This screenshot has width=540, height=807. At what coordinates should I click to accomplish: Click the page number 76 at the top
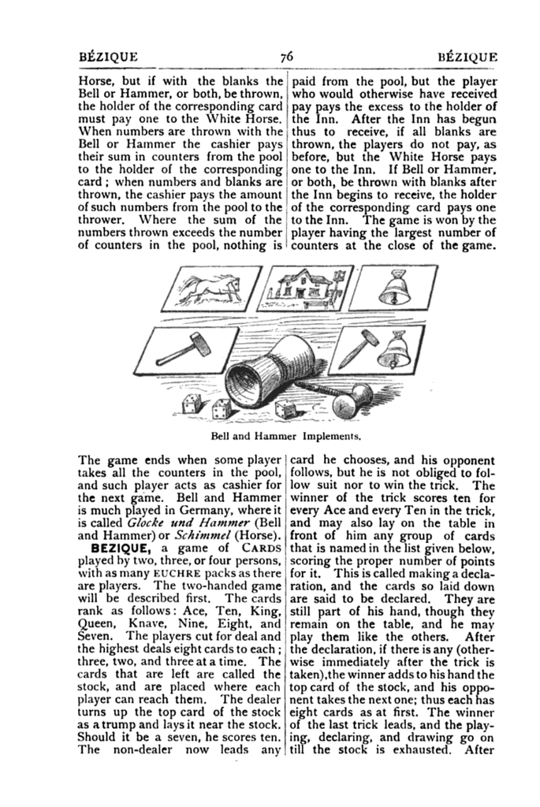point(285,56)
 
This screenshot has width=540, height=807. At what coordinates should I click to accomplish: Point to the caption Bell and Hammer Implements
point(286,434)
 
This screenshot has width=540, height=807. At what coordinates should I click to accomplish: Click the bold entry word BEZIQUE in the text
point(121,546)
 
